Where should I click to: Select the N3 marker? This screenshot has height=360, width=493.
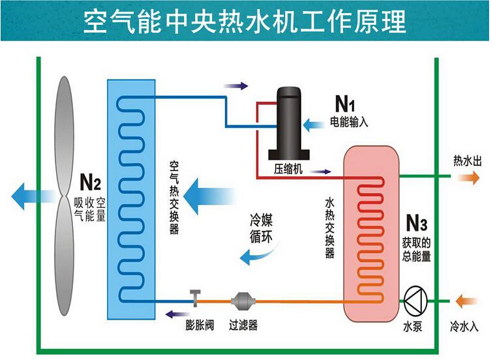tap(415, 224)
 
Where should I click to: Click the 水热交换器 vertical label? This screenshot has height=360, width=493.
tap(330, 228)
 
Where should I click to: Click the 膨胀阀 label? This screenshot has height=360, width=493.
tap(198, 323)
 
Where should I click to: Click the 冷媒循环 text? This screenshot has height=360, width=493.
tap(261, 228)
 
